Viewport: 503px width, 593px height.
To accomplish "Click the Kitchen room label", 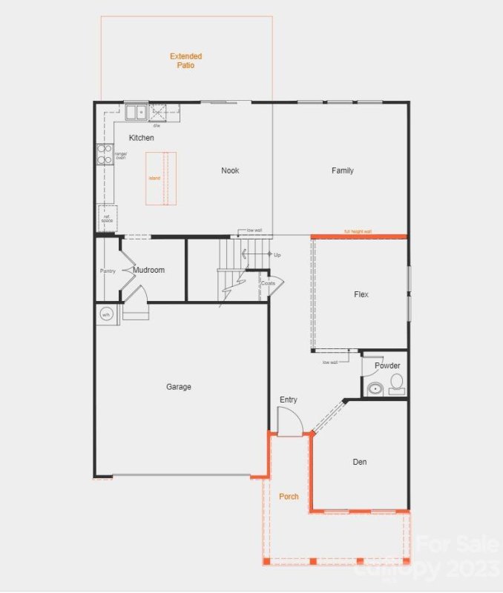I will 142,138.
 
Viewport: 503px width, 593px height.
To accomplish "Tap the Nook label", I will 230,170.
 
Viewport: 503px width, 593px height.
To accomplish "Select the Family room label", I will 343,170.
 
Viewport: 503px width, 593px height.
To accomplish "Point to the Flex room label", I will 361,294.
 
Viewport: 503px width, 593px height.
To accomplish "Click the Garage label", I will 179,386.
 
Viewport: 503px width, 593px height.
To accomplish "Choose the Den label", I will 360,462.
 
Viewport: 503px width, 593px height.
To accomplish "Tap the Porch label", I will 289,496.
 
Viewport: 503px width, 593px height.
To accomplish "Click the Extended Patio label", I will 185,61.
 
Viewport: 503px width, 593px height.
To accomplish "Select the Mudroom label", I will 149,270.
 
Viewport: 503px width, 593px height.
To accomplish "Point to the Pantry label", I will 108,271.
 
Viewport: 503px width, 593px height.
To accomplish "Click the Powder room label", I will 387,365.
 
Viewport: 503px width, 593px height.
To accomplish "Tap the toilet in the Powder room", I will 397,383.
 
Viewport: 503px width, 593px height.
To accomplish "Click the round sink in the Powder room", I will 375,388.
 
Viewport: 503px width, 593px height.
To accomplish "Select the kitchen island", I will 161,178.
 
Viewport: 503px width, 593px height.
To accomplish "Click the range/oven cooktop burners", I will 105,154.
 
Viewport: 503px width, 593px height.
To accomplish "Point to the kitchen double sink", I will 136,113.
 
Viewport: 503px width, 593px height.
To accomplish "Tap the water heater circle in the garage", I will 105,314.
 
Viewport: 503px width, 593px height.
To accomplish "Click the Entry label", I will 289,400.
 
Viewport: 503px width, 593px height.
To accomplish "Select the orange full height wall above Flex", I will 359,236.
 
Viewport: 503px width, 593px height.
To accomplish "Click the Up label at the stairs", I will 277,254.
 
